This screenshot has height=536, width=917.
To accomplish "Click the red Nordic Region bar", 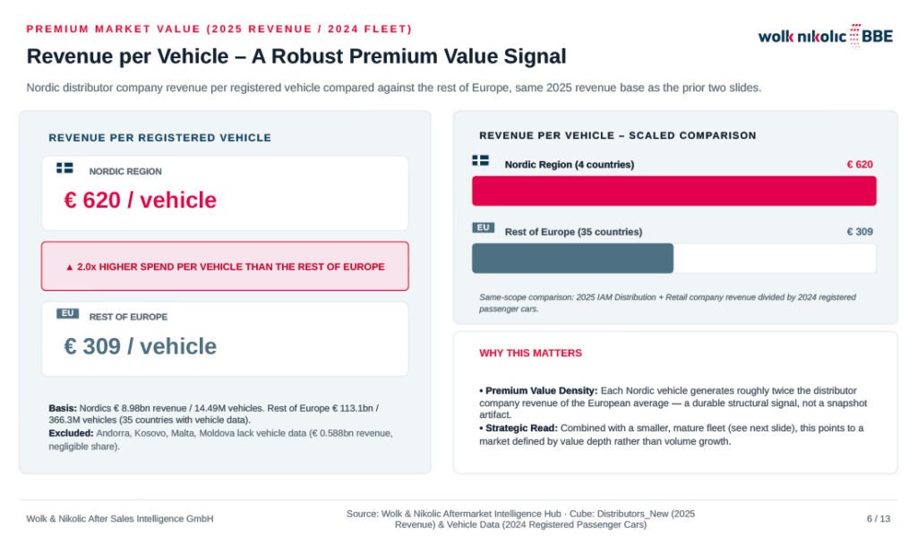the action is point(673,191).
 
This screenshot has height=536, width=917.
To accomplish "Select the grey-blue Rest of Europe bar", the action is point(572,259).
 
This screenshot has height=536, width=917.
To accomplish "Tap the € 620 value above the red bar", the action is point(860,165).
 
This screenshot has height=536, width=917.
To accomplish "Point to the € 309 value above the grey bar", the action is point(860,232).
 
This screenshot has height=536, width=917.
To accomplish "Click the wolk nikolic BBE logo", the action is point(825,36).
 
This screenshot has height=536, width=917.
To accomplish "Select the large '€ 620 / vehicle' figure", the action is point(141,200).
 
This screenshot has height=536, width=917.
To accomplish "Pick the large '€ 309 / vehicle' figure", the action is point(141,346).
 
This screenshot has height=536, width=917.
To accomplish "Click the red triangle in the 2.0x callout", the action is point(70,268).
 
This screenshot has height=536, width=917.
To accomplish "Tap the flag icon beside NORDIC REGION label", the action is point(64,167).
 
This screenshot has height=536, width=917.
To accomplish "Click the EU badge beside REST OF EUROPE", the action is point(68,313).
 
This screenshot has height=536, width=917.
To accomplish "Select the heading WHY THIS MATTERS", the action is point(530,353).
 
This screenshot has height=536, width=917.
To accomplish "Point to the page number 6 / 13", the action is point(878,518).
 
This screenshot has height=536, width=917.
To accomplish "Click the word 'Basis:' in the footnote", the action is point(63,408).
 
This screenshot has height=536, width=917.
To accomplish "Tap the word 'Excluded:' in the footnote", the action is point(71,433).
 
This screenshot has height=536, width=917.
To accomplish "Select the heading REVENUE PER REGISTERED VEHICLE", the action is point(159,138).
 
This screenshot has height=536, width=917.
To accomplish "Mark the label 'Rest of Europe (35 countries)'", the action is point(573,232).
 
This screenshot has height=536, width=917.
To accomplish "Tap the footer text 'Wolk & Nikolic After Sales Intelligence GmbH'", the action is point(120,518).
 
